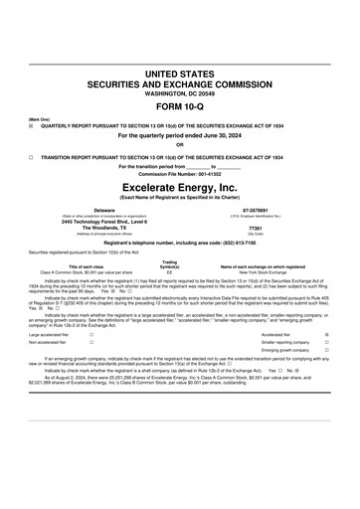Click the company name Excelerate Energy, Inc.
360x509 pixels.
tap(179, 186)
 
